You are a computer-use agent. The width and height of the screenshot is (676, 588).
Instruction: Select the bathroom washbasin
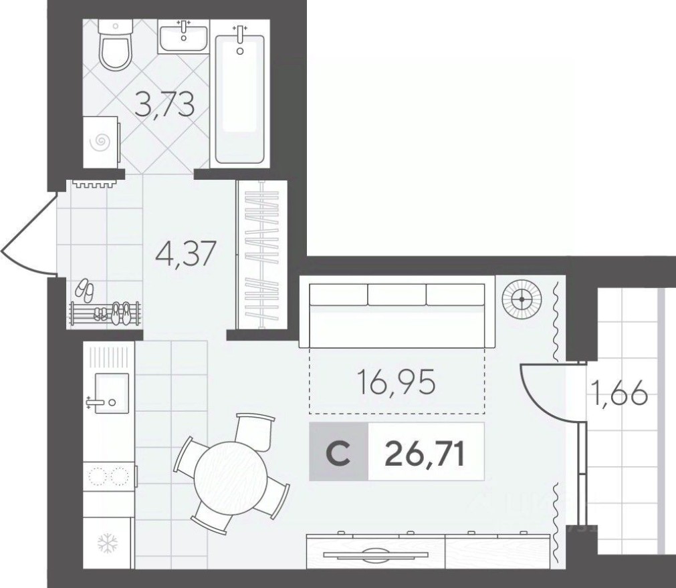184,35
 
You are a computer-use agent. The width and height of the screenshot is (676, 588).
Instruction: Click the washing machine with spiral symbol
101,141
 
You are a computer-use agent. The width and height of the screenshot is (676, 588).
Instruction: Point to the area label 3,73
164,105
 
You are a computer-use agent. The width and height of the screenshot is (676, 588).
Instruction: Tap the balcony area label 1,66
618,395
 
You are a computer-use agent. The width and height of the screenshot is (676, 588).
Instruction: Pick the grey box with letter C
339,452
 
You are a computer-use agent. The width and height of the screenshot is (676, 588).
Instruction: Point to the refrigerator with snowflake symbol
108,542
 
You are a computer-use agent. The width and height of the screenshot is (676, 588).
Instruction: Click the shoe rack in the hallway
106,314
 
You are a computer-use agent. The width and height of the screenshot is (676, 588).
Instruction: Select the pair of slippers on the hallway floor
85,289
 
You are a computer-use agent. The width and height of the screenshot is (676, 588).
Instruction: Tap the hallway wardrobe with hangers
261,255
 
